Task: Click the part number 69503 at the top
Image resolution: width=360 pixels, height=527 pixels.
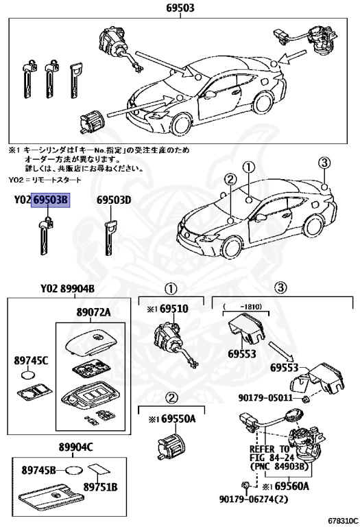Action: pyautogui.click(x=180, y=8)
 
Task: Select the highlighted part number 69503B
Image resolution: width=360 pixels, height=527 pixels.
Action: pyautogui.click(x=51, y=200)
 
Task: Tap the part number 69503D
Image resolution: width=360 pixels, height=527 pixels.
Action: pyautogui.click(x=113, y=200)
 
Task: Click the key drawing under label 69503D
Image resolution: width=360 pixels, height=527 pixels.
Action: pyautogui.click(x=110, y=237)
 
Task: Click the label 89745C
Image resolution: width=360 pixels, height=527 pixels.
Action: pyautogui.click(x=32, y=359)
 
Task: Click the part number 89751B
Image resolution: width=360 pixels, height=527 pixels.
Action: pyautogui.click(x=101, y=487)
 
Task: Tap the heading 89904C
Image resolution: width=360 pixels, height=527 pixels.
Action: pyautogui.click(x=75, y=447)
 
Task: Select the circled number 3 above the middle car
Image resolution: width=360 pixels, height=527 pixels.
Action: pyautogui.click(x=324, y=163)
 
